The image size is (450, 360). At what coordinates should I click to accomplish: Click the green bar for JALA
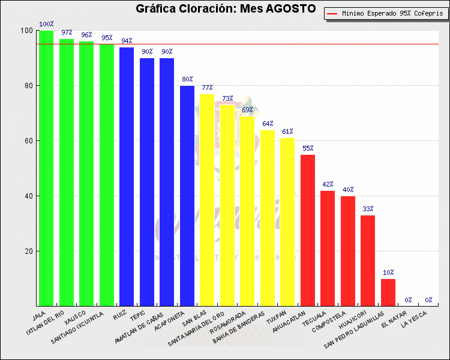point(46,168)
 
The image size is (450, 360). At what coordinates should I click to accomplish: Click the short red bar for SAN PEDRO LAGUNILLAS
point(388,292)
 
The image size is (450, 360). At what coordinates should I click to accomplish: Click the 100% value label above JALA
point(46,25)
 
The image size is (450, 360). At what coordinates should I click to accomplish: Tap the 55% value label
point(308,148)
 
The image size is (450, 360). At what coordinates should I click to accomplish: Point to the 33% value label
point(368,209)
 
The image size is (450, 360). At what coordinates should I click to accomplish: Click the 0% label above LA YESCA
point(428,300)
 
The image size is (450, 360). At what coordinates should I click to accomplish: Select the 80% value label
point(187,79)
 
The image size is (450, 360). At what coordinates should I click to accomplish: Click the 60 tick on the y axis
point(28,141)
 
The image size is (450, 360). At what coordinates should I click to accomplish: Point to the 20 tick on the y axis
point(28,251)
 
